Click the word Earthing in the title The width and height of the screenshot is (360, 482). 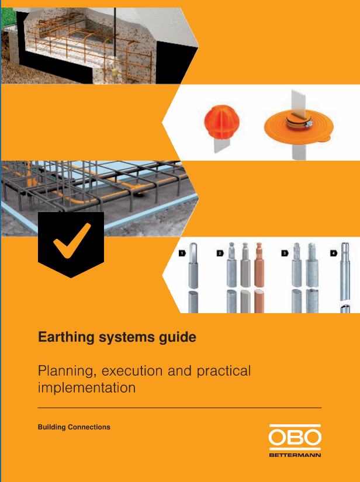(x=61, y=338)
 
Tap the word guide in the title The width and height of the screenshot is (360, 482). (x=180, y=338)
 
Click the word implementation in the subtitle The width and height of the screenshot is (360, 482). (x=86, y=387)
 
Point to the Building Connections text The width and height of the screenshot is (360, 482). (x=74, y=427)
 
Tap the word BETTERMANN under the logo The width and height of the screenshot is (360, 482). (x=295, y=454)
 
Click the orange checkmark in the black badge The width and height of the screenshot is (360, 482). (x=71, y=242)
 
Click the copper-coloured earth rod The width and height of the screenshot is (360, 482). (x=259, y=275)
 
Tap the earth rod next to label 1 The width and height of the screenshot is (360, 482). (x=193, y=275)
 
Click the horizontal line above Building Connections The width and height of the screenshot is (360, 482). (x=179, y=407)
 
